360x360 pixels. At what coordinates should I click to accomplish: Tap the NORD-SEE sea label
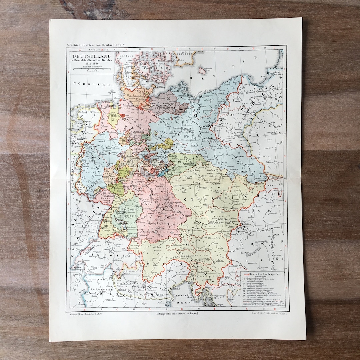click(x=87, y=84)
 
